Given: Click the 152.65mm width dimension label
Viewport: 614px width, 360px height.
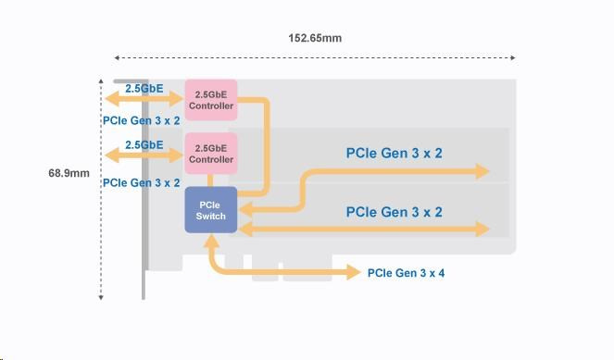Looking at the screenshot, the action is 315,38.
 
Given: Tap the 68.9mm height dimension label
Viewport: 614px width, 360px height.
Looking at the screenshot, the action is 69,173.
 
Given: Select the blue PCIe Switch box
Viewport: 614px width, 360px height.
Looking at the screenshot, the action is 210,210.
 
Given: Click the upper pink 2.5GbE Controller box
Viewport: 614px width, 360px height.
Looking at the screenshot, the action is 211,100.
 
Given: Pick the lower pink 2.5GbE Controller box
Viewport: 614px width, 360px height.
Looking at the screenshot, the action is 211,154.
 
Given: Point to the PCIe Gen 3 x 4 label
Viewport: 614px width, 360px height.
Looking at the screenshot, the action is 406,273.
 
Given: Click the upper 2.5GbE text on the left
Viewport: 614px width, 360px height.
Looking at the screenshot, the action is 144,89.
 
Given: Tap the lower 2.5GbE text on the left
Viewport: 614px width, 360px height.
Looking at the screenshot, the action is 144,144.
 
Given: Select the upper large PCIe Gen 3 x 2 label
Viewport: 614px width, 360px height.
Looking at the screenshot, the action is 394,153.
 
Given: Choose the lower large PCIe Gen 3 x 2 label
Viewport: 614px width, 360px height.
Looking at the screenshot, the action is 394,212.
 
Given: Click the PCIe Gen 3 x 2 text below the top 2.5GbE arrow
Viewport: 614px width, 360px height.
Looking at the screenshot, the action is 142,120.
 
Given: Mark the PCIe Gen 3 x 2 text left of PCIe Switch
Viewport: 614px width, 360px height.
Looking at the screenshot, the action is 142,182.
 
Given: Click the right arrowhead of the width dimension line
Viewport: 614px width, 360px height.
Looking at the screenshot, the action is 513,58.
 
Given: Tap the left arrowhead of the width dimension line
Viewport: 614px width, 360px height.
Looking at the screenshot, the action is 117,58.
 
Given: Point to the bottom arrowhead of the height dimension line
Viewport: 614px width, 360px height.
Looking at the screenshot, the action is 101,298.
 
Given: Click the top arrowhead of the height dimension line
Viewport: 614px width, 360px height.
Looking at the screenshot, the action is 101,81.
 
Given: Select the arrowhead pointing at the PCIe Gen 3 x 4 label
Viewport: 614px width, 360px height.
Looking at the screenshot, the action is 354,272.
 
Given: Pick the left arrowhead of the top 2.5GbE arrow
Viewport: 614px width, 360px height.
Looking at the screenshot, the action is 112,99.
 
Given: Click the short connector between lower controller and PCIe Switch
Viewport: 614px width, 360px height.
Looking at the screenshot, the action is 210,180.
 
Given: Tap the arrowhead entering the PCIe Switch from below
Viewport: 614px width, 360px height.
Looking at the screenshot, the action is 211,242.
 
